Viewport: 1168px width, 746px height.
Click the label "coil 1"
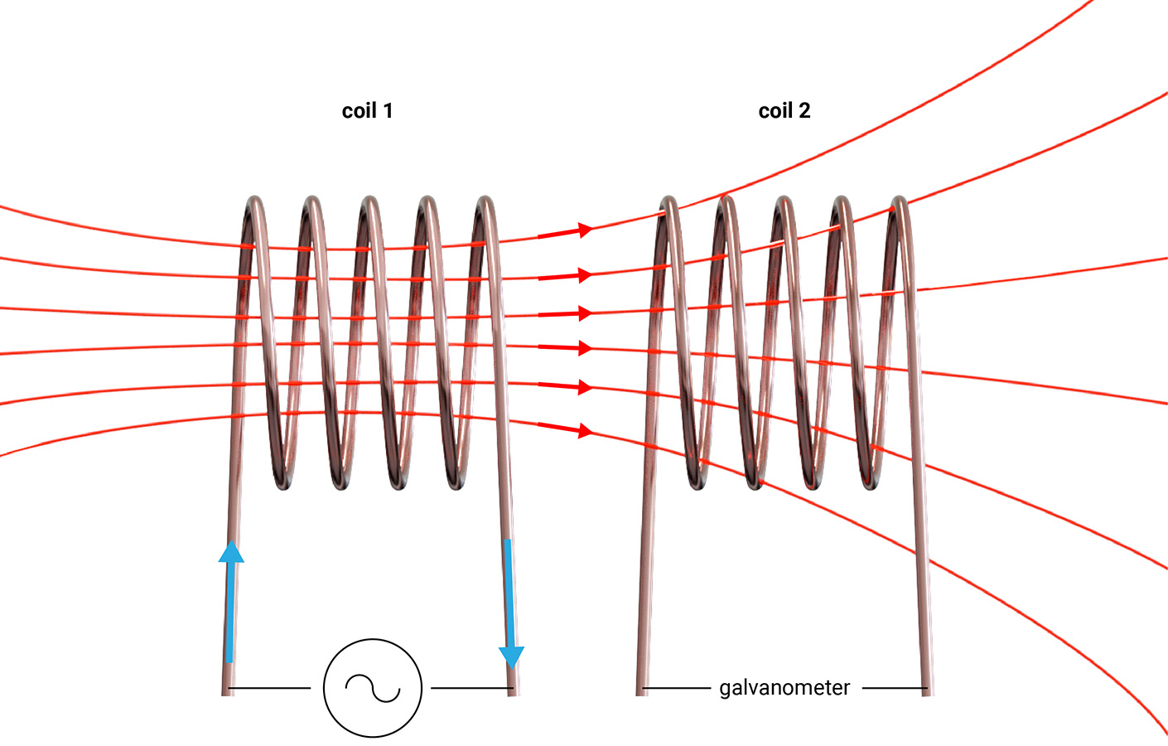coord(367,111)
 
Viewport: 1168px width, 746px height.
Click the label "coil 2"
coord(784,111)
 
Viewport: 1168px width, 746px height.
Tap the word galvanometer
coord(784,688)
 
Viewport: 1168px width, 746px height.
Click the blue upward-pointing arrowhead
coord(231,552)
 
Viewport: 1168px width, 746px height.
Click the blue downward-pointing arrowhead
coord(512,656)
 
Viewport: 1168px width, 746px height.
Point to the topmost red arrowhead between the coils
coord(585,230)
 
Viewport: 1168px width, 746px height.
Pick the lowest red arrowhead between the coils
coord(585,430)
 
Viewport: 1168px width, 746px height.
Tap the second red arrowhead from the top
coord(585,274)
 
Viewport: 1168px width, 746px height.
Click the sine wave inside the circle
coord(373,688)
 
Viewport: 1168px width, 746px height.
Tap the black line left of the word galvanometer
coord(676,688)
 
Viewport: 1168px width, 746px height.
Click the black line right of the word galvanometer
coord(895,688)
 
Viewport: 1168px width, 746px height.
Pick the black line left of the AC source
coord(269,688)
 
